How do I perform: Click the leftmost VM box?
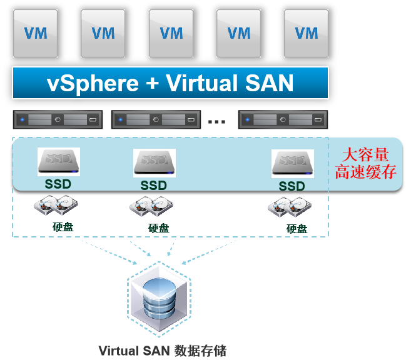(x=35, y=33)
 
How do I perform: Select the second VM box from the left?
(x=103, y=33)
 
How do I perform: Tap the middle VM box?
(x=171, y=33)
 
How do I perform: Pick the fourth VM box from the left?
(x=238, y=33)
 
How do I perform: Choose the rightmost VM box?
(x=306, y=33)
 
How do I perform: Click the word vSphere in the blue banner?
(x=93, y=83)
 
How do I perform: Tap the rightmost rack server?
(x=283, y=119)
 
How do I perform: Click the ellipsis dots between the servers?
(x=216, y=121)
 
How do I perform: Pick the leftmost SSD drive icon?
(x=58, y=162)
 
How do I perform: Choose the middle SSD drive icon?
(x=154, y=163)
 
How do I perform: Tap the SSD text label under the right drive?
(x=292, y=186)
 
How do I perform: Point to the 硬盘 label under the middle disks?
(x=158, y=228)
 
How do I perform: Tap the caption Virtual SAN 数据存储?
(x=163, y=350)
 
